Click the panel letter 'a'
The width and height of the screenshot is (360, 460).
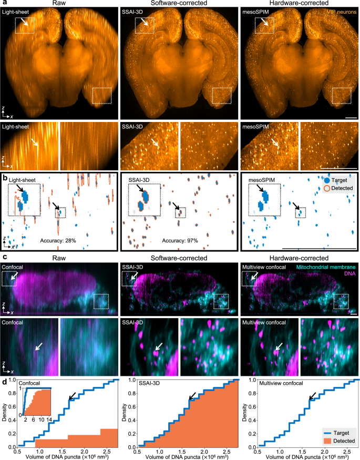click(x=4, y=3)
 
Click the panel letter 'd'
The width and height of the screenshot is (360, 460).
click(x=4, y=372)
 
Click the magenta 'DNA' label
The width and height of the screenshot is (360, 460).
click(x=349, y=274)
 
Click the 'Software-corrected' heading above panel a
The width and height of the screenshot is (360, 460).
click(x=180, y=4)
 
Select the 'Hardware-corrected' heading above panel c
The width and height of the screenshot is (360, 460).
click(x=299, y=258)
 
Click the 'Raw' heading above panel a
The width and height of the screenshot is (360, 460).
click(x=60, y=4)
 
